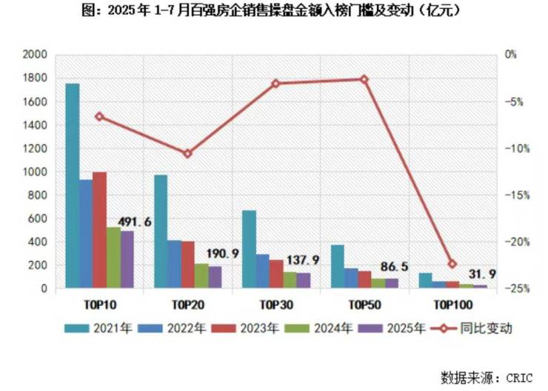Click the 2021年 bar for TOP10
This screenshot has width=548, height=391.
click(x=72, y=186)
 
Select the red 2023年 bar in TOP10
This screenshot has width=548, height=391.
click(x=100, y=230)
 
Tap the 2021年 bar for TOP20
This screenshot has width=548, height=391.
click(x=161, y=231)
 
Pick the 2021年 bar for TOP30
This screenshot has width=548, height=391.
click(x=249, y=249)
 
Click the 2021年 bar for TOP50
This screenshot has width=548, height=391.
click(x=338, y=266)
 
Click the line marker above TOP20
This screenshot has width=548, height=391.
click(x=187, y=154)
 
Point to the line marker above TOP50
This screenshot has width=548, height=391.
click(x=364, y=79)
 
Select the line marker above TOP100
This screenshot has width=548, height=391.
click(x=452, y=264)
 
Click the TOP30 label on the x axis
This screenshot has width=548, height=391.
click(x=276, y=304)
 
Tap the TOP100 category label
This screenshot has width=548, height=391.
click(x=452, y=304)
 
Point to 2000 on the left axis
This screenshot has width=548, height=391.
click(x=35, y=55)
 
